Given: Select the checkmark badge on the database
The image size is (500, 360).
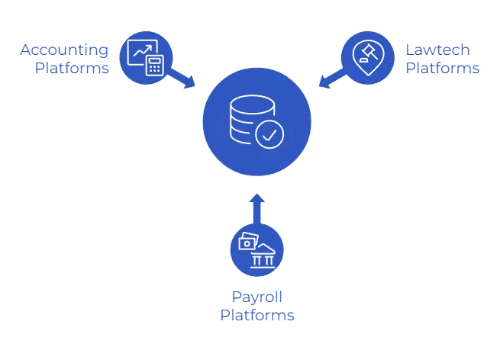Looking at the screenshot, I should click(269, 135).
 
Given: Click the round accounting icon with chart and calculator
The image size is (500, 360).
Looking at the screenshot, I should click(146, 55).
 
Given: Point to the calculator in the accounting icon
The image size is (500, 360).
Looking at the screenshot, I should click(156, 65).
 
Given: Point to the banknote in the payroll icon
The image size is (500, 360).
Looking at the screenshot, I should click(248, 243).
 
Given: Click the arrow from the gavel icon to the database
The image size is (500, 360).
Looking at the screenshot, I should click(330, 78).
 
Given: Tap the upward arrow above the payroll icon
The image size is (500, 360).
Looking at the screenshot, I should click(257, 207).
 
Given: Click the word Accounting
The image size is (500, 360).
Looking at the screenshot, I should click(64, 50).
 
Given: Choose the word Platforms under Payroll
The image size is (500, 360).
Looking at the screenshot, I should click(257, 314).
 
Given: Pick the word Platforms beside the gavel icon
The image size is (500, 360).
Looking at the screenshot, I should click(444, 67).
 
